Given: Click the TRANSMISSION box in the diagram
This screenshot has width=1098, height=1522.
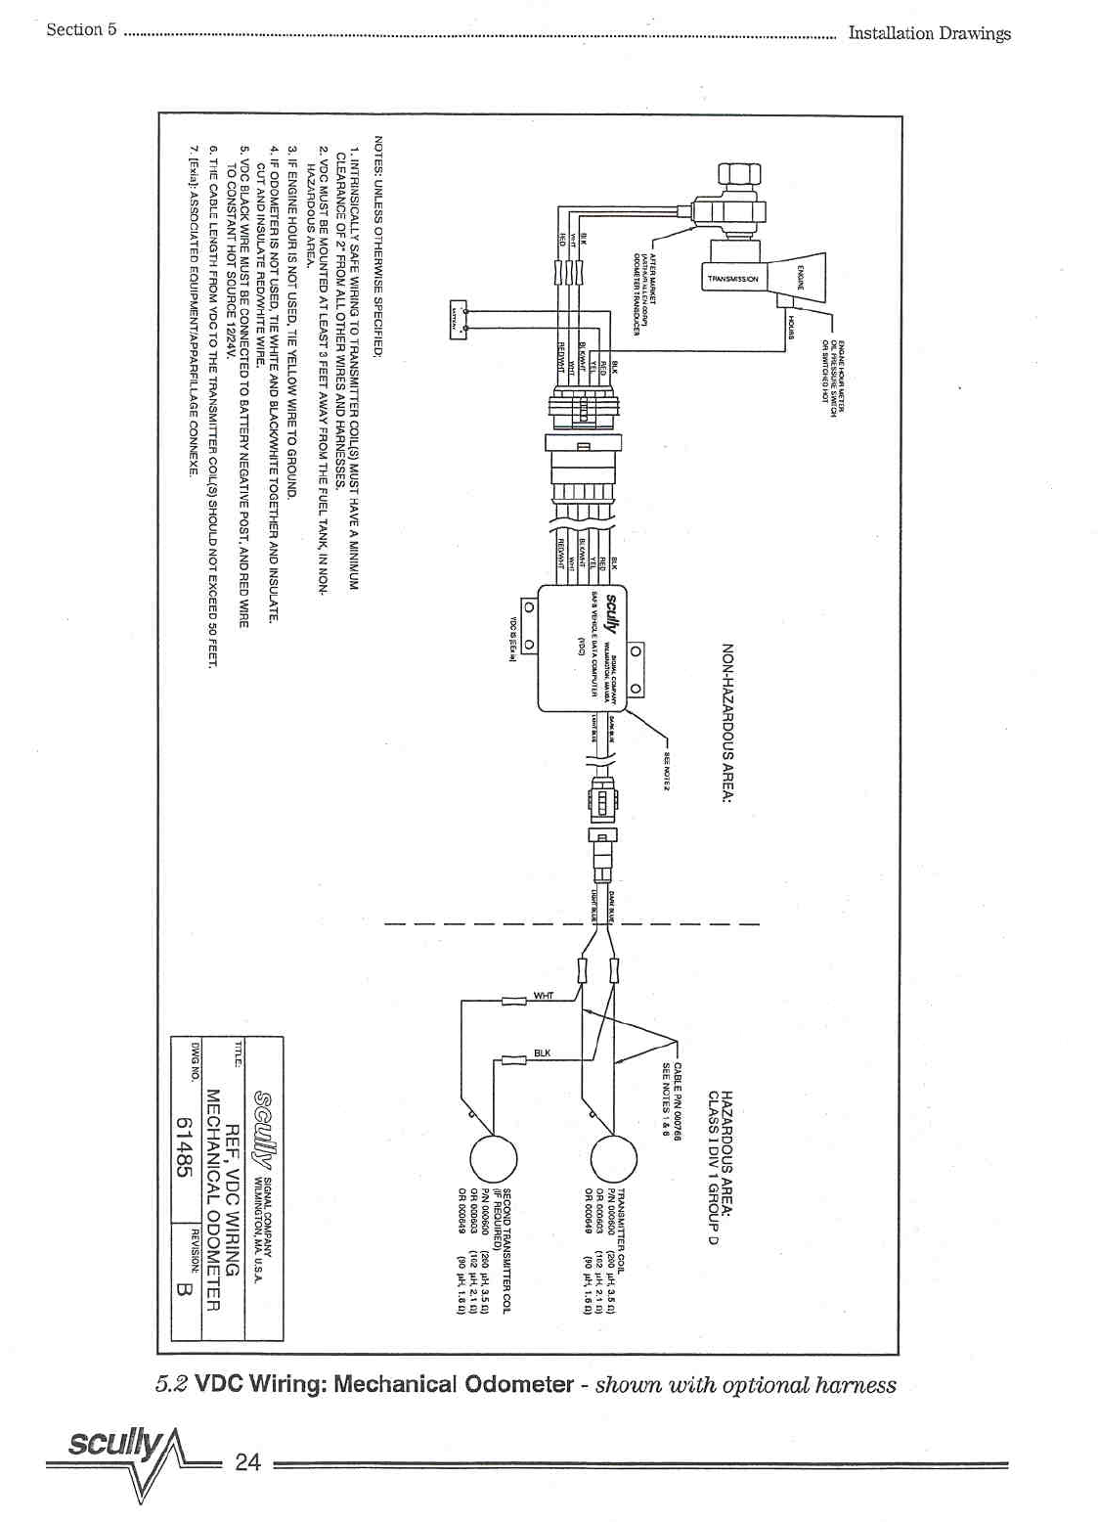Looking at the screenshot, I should point(732,279).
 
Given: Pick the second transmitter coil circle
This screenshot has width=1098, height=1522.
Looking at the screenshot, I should point(493,1160).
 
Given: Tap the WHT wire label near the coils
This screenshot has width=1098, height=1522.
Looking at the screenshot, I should point(544,996).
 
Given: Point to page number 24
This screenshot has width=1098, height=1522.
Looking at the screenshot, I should point(248,1461).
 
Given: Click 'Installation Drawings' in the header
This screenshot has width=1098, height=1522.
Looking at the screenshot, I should point(928,33).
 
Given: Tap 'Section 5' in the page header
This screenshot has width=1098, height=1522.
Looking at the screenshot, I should point(81,29).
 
